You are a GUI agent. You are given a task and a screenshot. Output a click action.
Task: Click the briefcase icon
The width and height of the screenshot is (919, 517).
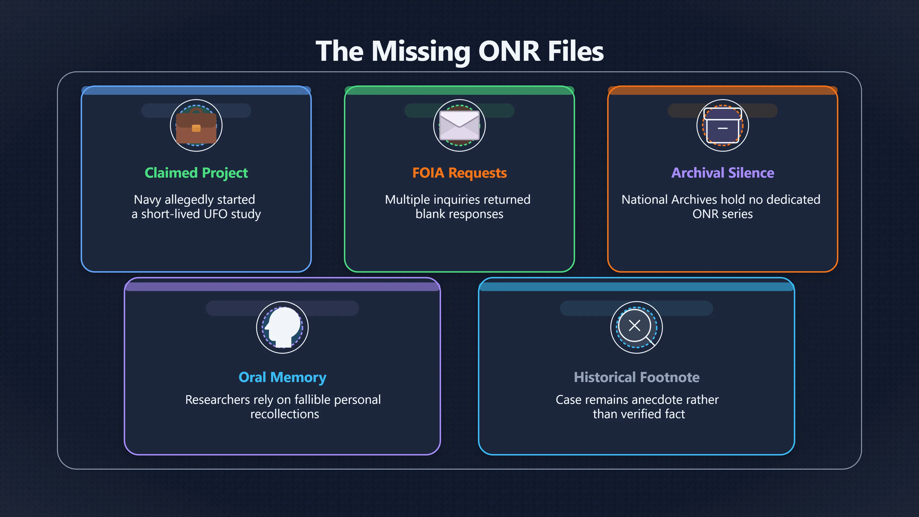[x=196, y=126]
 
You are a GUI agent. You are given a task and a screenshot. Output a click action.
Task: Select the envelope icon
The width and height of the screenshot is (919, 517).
[x=459, y=125]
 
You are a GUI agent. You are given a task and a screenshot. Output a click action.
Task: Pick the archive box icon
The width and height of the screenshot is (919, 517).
[x=723, y=126]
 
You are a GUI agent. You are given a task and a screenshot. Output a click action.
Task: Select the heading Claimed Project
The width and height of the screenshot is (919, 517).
[x=196, y=173]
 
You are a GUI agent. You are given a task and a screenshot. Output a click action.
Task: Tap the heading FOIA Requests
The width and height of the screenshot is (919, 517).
[x=459, y=173]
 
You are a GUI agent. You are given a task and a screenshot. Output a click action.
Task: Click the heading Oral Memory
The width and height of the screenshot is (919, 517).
[x=283, y=377]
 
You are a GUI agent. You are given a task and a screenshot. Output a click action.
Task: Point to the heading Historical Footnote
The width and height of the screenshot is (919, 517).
[x=637, y=377]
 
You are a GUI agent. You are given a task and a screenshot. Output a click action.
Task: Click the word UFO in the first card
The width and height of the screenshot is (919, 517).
[x=216, y=214]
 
